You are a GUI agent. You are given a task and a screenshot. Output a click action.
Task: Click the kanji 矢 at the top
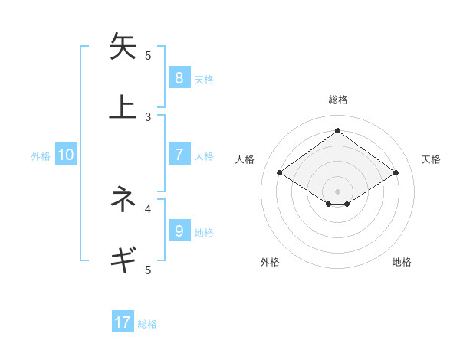click(123, 47)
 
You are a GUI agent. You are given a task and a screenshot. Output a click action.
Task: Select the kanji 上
click(123, 107)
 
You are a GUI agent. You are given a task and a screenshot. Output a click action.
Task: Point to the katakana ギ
click(123, 260)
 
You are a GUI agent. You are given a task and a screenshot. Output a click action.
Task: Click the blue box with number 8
click(179, 77)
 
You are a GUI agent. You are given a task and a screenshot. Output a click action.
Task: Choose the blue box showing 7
click(179, 155)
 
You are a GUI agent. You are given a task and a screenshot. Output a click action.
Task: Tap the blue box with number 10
click(66, 155)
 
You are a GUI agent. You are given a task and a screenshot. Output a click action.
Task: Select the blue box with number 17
click(123, 322)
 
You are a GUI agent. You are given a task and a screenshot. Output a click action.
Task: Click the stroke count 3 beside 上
click(148, 116)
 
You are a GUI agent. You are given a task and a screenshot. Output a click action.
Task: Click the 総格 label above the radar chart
click(337, 100)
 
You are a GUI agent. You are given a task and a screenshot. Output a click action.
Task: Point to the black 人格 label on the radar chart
click(245, 159)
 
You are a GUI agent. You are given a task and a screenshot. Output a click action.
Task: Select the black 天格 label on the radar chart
click(431, 159)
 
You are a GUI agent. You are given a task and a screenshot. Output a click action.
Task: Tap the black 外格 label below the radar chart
click(270, 262)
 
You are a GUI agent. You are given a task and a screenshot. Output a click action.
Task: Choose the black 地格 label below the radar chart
click(402, 262)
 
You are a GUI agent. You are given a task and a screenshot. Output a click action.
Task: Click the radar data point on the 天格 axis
click(396, 173)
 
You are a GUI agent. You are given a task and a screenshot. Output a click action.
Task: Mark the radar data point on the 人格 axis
click(280, 173)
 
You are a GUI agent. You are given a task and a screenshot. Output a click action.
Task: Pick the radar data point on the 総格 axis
click(337, 130)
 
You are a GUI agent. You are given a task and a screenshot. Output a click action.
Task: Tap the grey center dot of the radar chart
click(337, 191)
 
